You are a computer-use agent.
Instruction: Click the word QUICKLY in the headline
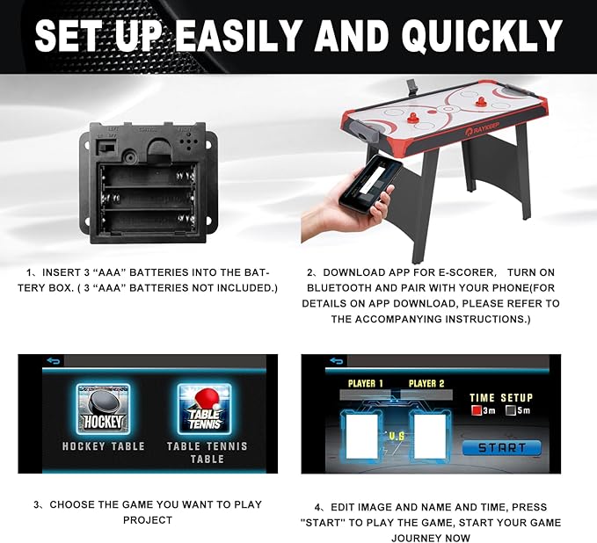pyautogui.click(x=482, y=35)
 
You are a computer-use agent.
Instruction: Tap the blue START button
pyautogui.click(x=501, y=448)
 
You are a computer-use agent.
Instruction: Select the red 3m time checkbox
pyautogui.click(x=477, y=410)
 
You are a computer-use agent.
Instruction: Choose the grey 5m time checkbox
pyautogui.click(x=511, y=410)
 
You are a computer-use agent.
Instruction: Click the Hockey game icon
pyautogui.click(x=103, y=409)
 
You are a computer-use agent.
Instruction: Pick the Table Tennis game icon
pyautogui.click(x=205, y=409)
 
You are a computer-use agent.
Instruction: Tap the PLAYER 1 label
pyautogui.click(x=366, y=383)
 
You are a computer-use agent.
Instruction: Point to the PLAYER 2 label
pyautogui.click(x=426, y=383)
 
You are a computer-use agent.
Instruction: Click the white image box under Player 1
pyautogui.click(x=361, y=437)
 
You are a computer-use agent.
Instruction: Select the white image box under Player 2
pyautogui.click(x=429, y=437)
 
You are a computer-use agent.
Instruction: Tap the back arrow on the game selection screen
pyautogui.click(x=54, y=360)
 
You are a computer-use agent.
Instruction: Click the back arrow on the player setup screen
pyautogui.click(x=337, y=360)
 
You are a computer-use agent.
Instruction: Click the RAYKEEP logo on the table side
pyautogui.click(x=482, y=128)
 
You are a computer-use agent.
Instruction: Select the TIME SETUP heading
pyautogui.click(x=501, y=398)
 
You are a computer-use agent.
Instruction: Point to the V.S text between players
pyautogui.click(x=396, y=436)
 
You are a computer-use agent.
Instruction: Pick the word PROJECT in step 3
pyautogui.click(x=148, y=520)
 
